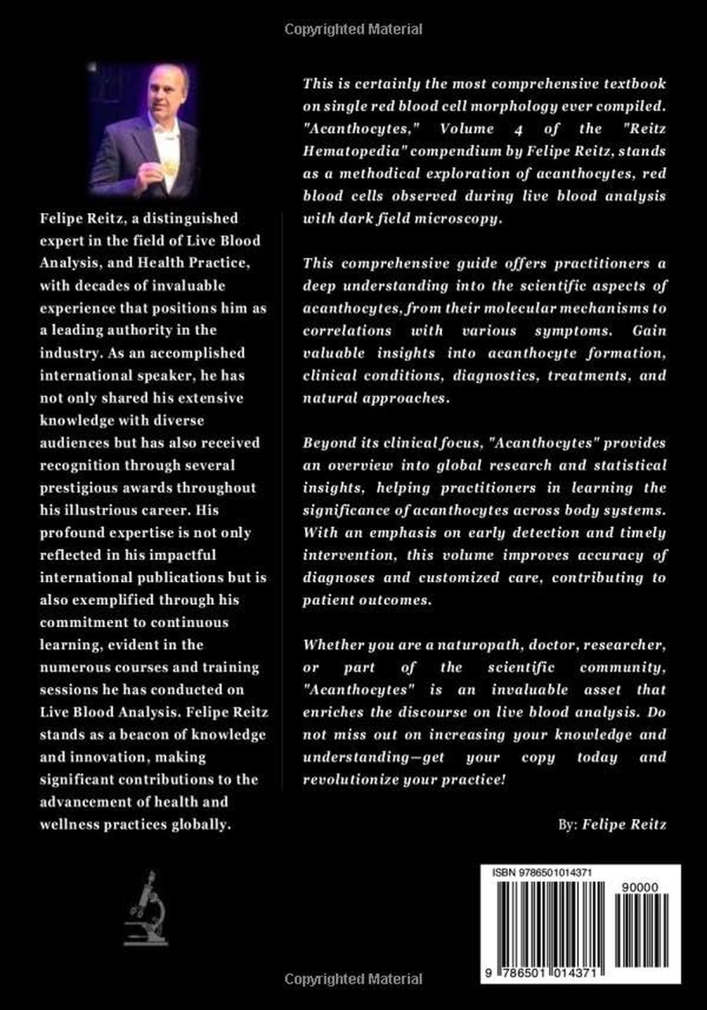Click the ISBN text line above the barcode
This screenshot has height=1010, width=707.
point(543,873)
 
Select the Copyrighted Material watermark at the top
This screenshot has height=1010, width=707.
point(353,30)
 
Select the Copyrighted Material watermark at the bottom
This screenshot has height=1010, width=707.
point(353,979)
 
